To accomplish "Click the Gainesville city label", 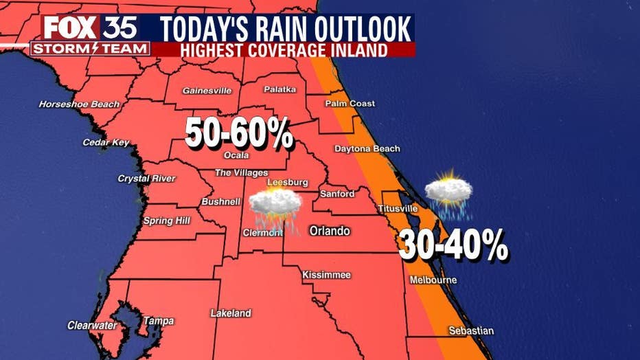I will click(207, 91).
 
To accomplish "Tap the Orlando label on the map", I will click(329, 231).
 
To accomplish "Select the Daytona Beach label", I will click(367, 148).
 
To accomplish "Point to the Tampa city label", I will click(158, 321).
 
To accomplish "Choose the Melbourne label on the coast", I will click(433, 280).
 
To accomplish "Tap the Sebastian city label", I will click(470, 331).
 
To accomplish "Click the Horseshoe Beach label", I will click(79, 104).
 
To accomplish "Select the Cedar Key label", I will click(106, 142).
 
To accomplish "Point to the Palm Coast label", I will click(350, 104).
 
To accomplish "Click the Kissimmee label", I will click(327, 275).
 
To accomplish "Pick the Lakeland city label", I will click(231, 313).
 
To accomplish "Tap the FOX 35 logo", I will click(91, 27).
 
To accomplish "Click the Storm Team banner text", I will click(90, 48).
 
